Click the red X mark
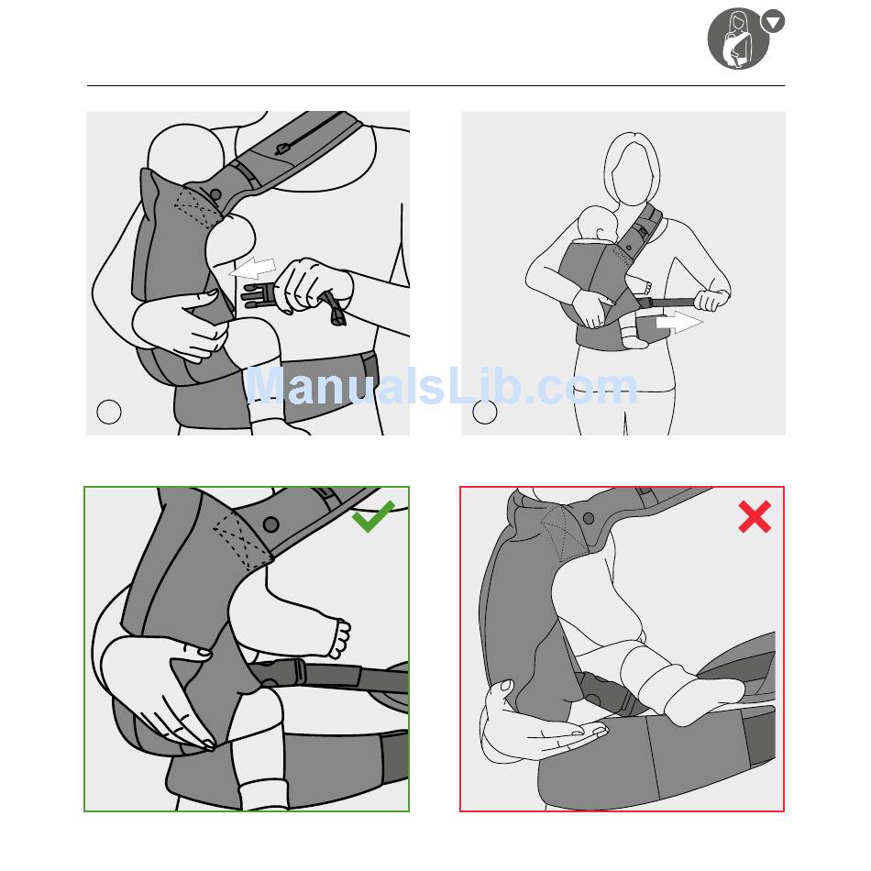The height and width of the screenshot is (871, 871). [x=755, y=516]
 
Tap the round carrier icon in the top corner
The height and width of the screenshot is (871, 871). [x=738, y=39]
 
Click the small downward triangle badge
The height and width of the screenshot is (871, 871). [x=773, y=22]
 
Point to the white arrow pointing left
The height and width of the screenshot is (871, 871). [x=253, y=269]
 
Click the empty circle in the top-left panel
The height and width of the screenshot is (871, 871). [x=109, y=412]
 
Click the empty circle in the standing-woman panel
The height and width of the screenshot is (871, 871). [x=484, y=412]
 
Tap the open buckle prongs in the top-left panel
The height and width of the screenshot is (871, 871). [x=258, y=296]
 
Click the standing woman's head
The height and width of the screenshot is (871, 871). [x=632, y=170]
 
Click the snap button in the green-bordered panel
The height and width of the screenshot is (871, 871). [x=271, y=524]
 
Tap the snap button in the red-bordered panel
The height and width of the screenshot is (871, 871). [x=589, y=519]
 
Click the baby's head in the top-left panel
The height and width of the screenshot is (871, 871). [x=186, y=153]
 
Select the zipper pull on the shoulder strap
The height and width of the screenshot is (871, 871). [x=281, y=149]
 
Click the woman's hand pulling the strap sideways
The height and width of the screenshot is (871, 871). [x=711, y=300]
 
